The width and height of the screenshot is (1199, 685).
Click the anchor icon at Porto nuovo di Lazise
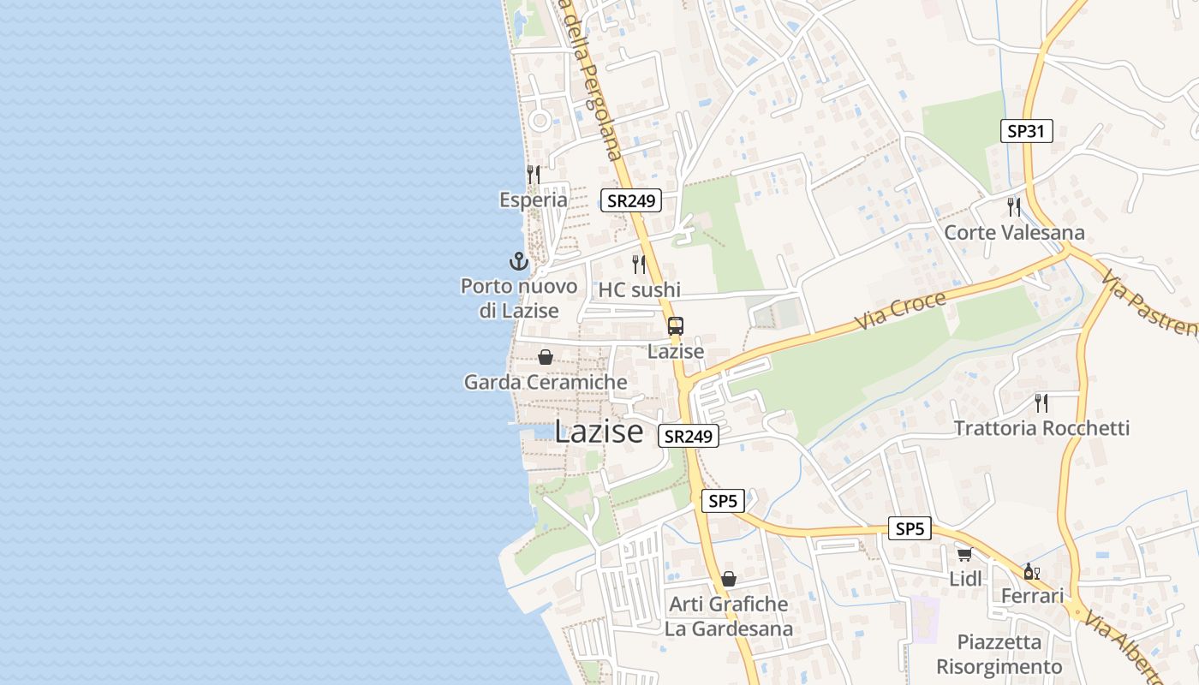(518, 261)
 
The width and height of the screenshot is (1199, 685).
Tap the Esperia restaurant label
(534, 200)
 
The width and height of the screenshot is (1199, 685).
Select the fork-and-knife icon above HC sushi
(639, 264)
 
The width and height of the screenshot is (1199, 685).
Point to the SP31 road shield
(1026, 132)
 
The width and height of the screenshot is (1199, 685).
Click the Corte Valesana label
(1014, 233)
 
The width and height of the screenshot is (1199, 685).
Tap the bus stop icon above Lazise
(676, 326)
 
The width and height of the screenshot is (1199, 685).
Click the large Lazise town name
(599, 431)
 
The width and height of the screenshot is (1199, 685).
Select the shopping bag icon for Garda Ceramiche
(546, 357)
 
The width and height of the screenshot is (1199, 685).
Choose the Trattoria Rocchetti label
(1041, 428)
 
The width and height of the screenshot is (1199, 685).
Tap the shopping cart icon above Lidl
(965, 554)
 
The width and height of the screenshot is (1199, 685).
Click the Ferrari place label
(1032, 596)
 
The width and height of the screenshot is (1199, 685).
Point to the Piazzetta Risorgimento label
(999, 654)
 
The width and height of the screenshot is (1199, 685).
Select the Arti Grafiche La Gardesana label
(729, 616)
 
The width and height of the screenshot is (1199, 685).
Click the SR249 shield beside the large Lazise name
(689, 436)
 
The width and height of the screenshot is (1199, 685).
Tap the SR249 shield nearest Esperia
(631, 200)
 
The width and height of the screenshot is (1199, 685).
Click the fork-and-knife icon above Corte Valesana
(1014, 206)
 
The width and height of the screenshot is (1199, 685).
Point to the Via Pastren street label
(1149, 303)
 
